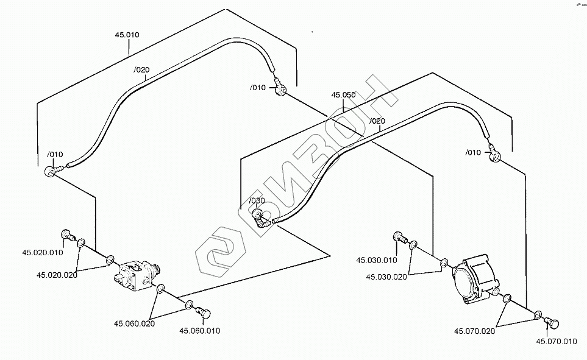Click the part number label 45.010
coord(127,35)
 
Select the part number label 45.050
coord(343,95)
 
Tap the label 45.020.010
coord(43,252)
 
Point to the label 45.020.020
coord(57,275)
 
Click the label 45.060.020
coord(134,323)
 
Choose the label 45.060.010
coord(200,331)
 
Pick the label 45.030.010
coord(377,260)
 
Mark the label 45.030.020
coord(386,277)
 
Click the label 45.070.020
coord(474,331)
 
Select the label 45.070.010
coord(557,341)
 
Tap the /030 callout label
coord(257,200)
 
